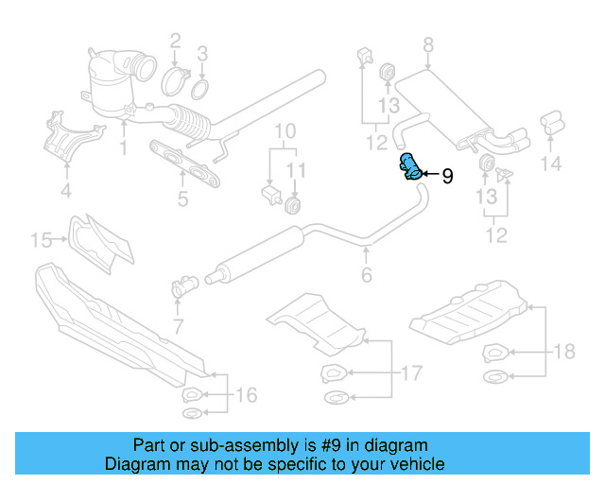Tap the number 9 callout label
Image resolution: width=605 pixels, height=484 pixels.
[448, 175]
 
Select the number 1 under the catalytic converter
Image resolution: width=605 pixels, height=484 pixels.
[123, 148]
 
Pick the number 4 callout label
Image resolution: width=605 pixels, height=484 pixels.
[65, 193]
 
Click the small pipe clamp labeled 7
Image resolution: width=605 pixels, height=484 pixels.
[182, 283]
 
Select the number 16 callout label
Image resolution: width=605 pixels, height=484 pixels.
[246, 395]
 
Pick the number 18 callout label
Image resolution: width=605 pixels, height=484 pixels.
[564, 352]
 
